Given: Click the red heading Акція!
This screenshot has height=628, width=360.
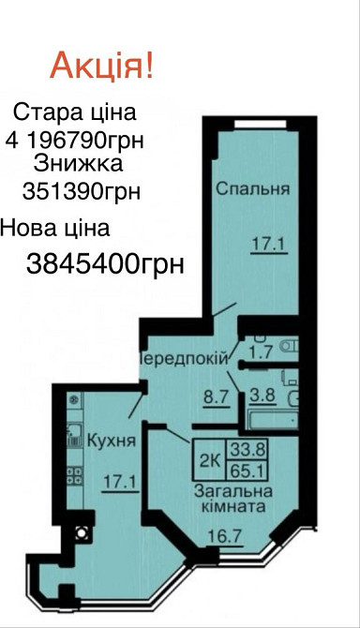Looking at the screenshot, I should (102, 67).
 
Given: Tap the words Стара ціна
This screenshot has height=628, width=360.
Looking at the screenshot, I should (74, 112).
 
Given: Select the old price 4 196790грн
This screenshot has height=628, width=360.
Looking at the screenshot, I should (80, 142).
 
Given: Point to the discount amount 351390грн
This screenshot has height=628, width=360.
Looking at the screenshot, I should (81, 191).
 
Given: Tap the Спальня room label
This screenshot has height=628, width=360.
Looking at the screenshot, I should (253, 188).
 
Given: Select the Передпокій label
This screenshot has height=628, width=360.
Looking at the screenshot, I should (183, 358).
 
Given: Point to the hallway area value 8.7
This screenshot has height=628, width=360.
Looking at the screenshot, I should (216, 396).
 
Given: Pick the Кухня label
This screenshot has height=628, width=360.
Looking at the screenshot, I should (111, 439).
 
